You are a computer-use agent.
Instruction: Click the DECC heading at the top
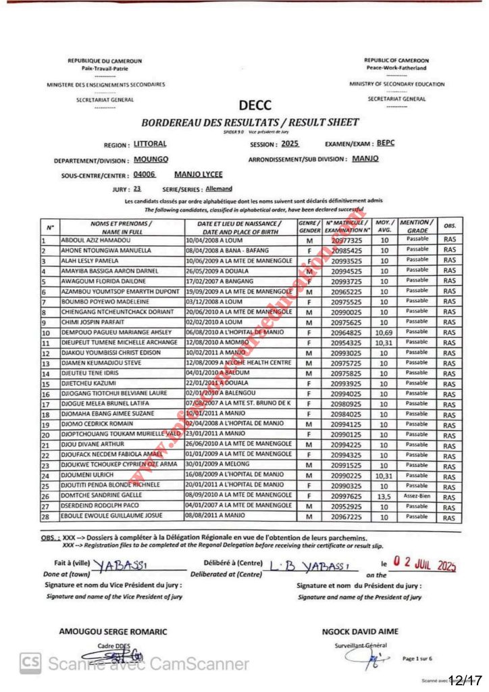coord(255,105)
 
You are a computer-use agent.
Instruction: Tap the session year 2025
coord(290,144)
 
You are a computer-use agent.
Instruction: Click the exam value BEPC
coord(386,143)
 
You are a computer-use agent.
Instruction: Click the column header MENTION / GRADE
coord(417,226)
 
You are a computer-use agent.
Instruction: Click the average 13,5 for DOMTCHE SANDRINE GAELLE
coord(384,495)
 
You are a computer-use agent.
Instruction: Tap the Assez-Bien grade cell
coord(417,495)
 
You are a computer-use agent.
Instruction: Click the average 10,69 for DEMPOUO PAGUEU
coord(384,332)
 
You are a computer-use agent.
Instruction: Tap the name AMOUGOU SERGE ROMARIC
coord(113,631)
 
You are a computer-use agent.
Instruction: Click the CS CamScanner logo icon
coord(28,664)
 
